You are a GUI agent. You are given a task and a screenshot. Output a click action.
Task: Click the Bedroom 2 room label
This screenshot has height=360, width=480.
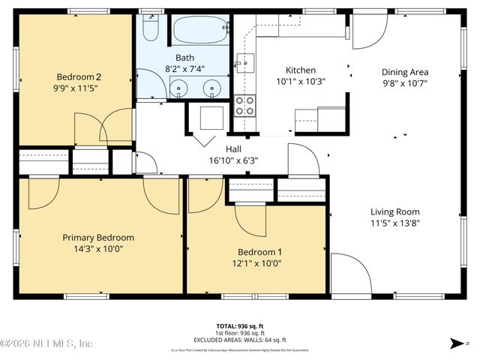[78, 76]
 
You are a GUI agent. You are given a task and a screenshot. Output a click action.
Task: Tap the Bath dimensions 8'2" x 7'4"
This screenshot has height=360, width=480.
[184, 69]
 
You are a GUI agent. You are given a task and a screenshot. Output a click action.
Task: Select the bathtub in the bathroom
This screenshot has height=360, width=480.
[199, 32]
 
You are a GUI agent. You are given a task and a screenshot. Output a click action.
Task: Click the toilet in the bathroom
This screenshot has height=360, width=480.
[149, 28]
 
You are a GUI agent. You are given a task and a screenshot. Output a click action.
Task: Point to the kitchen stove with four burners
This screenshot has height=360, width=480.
[244, 105]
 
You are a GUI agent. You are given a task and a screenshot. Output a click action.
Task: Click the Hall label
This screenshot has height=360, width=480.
[233, 148]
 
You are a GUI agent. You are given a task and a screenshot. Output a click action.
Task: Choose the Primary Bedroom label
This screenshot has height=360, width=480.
[97, 237]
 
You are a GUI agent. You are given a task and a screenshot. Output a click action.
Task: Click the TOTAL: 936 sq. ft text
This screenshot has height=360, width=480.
[240, 326]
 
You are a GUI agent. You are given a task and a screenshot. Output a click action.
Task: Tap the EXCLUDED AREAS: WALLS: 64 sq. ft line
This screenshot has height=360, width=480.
[240, 338]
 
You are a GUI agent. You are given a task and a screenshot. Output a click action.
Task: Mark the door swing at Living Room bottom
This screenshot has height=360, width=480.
[346, 274]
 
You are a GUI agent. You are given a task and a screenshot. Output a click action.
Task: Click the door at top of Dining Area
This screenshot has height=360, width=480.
[370, 28]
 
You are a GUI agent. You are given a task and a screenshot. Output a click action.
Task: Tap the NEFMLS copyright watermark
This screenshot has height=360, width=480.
[46, 343]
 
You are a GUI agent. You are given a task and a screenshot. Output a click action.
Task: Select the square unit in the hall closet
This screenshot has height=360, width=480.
[211, 118]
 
